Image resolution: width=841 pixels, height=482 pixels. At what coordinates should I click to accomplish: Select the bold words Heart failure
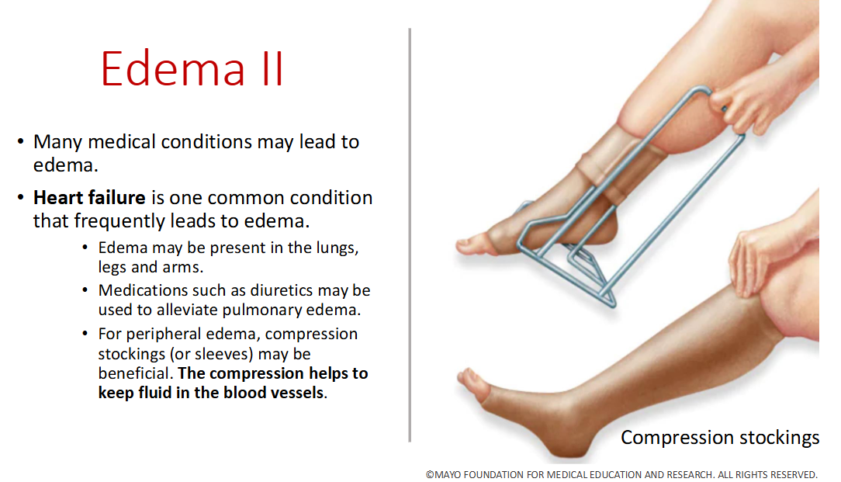(x=89, y=198)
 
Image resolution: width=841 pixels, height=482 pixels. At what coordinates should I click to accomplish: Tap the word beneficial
(x=135, y=373)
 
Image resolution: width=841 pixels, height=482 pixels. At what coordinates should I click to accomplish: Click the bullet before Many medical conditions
(x=21, y=143)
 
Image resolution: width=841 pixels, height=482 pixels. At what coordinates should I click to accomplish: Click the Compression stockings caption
(x=719, y=438)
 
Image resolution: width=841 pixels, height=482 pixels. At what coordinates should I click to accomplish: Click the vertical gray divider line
(x=410, y=233)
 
